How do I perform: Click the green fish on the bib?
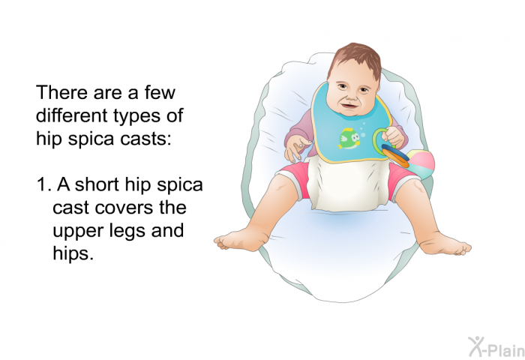click(349, 138)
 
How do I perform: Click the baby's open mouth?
click(348, 106)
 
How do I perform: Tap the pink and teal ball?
click(421, 164)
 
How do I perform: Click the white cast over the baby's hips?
click(348, 184)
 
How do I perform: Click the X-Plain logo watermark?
click(496, 347)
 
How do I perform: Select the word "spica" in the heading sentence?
click(91, 139)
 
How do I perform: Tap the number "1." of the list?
click(44, 184)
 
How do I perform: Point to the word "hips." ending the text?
click(72, 253)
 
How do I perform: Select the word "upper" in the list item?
click(73, 232)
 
